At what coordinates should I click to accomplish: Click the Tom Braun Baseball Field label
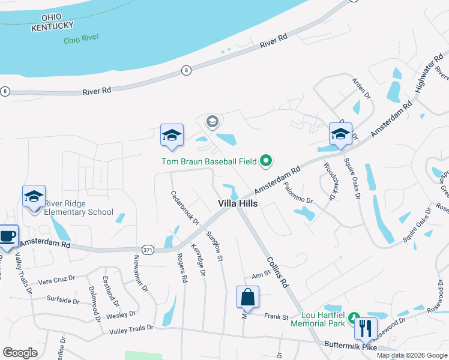(209, 161)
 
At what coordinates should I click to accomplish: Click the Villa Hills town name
(237, 204)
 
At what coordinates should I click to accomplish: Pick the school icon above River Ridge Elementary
(34, 196)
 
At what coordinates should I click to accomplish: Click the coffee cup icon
(7, 236)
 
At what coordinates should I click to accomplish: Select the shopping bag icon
(247, 297)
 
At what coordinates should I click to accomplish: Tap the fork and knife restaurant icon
(366, 329)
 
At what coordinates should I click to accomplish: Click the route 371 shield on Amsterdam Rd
(148, 249)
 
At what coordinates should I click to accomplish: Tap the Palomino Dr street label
(298, 193)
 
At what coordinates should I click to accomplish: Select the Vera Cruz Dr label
(56, 278)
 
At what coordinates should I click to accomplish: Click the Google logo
(20, 353)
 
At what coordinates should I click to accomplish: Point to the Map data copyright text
(411, 355)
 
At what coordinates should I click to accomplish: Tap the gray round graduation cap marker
(212, 122)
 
